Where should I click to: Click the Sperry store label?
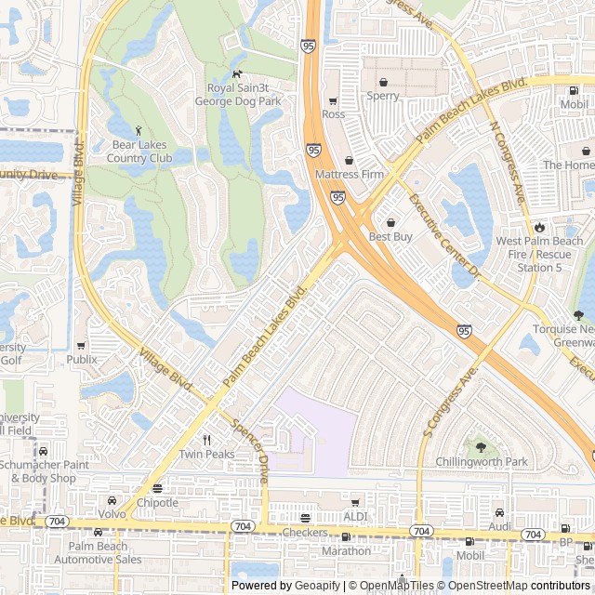pos(382,96)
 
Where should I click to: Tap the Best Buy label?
pos(390,237)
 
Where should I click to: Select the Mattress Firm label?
pos(350,174)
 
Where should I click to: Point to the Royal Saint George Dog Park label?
pos(237,94)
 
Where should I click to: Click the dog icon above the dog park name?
pos(237,74)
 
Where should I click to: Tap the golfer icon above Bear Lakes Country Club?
pos(139,130)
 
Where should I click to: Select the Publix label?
pos(82,359)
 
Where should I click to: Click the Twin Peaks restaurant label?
pos(206,455)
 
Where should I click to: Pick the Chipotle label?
pos(157,503)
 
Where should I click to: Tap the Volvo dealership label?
pos(112,514)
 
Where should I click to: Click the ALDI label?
pos(355,516)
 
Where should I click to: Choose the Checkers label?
pos(305,533)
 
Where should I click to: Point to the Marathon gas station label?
pos(346,550)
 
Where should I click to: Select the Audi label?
pos(500,526)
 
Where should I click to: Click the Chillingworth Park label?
pos(481,461)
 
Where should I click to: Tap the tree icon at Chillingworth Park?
pos(481,446)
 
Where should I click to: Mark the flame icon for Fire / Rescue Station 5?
pos(539,227)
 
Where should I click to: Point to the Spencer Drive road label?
pos(250,455)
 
